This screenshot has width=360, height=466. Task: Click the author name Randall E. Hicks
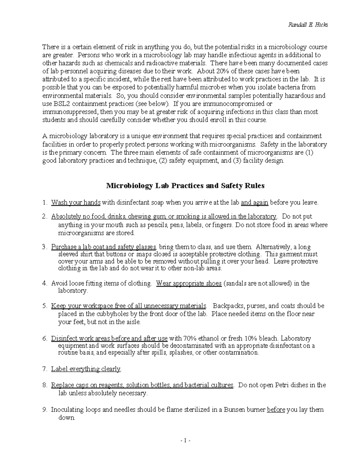[308, 25]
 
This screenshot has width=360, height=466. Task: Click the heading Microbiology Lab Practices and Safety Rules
[185, 186]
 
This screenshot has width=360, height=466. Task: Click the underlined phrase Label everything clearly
[86, 369]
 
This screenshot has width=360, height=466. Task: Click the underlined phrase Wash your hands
[76, 203]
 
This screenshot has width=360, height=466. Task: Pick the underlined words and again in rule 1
[254, 203]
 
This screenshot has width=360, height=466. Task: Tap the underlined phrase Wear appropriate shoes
[189, 283]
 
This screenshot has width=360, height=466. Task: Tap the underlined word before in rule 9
[276, 410]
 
